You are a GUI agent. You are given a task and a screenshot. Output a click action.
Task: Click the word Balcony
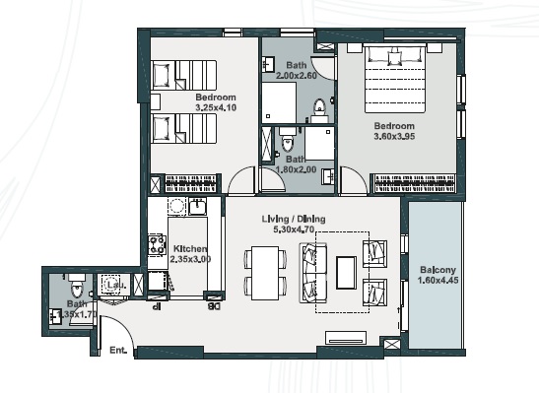pos(437,268)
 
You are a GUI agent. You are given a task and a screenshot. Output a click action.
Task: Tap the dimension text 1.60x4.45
pos(437,280)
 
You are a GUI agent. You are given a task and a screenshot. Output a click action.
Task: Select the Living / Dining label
pos(294,218)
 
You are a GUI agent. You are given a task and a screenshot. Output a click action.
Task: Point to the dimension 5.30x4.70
pos(294,229)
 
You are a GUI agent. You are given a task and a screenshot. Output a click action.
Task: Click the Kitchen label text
pos(188,249)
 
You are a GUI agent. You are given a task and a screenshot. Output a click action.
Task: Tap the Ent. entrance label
pos(119,350)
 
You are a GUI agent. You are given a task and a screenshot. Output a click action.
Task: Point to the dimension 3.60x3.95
pos(393,137)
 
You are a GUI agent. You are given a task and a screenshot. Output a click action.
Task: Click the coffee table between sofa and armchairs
pos(345,271)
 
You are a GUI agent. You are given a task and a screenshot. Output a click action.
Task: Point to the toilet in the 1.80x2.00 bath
pos(287,145)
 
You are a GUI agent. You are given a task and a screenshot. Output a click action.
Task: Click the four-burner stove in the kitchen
pos(156,245)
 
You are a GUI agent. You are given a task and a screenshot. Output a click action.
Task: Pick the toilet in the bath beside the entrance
pos(84,287)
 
